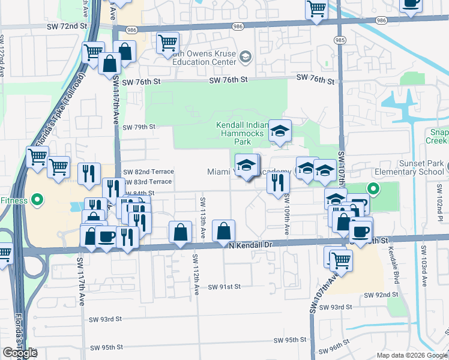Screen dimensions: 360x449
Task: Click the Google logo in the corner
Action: [20, 353]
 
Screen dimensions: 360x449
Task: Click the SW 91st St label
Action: [224, 287]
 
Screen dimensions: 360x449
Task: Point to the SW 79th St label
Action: [139, 127]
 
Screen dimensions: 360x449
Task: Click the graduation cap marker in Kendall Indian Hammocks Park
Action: [279, 132]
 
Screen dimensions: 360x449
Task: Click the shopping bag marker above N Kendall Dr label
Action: [223, 231]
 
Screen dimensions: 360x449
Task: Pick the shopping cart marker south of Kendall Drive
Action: [340, 260]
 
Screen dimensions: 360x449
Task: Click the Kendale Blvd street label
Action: [393, 262]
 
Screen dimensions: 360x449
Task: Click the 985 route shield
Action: [340, 40]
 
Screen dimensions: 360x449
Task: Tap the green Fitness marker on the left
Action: [36, 199]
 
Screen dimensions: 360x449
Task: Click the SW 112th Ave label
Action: [196, 274]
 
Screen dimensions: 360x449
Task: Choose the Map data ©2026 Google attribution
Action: [412, 355]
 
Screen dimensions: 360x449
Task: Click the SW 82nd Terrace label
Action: [149, 172]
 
